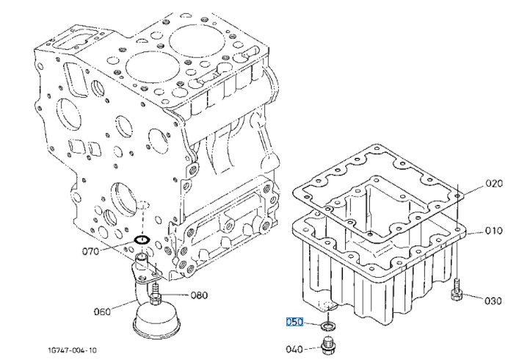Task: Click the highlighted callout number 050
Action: pyautogui.click(x=294, y=322)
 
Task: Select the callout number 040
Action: pyautogui.click(x=294, y=349)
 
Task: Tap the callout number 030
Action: pyautogui.click(x=493, y=301)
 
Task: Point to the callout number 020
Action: pyautogui.click(x=494, y=184)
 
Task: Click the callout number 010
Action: pyautogui.click(x=494, y=231)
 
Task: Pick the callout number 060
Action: pyautogui.click(x=102, y=312)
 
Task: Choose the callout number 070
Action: pyautogui.click(x=91, y=251)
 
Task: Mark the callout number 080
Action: pyautogui.click(x=199, y=295)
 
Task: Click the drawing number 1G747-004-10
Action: pyautogui.click(x=72, y=350)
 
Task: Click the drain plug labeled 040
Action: pyautogui.click(x=328, y=346)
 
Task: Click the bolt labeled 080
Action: pyautogui.click(x=155, y=294)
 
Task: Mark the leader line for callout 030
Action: pyautogui.click(x=473, y=297)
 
